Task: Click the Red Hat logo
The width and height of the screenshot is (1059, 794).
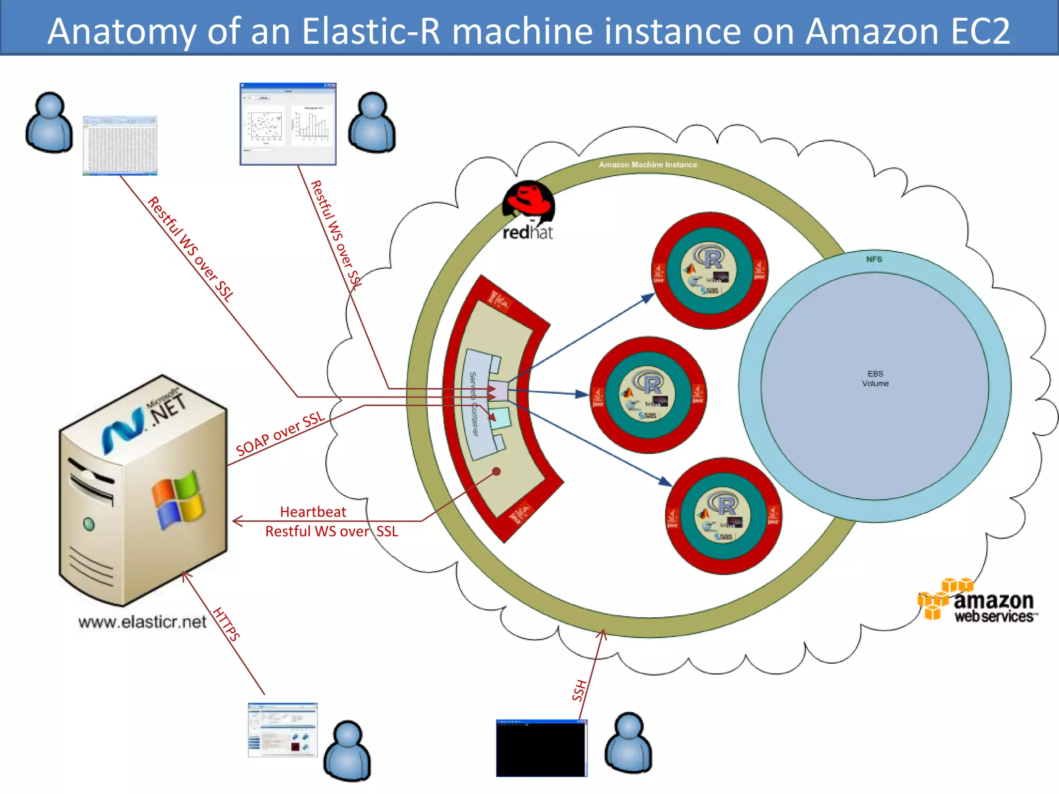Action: click(528, 210)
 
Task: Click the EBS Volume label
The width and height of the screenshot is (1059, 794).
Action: click(875, 378)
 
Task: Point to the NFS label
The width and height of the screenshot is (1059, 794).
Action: click(874, 259)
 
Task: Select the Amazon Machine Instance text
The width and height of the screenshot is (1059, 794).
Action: click(647, 164)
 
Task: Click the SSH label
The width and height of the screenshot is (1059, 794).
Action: click(580, 690)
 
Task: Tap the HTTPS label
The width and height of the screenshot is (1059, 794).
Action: click(226, 624)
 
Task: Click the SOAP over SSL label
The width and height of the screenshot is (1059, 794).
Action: click(280, 434)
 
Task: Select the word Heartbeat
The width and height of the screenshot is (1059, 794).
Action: click(313, 512)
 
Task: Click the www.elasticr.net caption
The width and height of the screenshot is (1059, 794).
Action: click(142, 622)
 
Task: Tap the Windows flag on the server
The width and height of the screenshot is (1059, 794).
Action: click(177, 499)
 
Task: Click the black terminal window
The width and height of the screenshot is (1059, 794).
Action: click(541, 748)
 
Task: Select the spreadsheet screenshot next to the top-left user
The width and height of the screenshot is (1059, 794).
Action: click(120, 145)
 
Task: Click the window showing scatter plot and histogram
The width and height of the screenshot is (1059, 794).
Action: click(288, 124)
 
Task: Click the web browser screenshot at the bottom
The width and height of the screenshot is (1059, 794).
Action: click(282, 729)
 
